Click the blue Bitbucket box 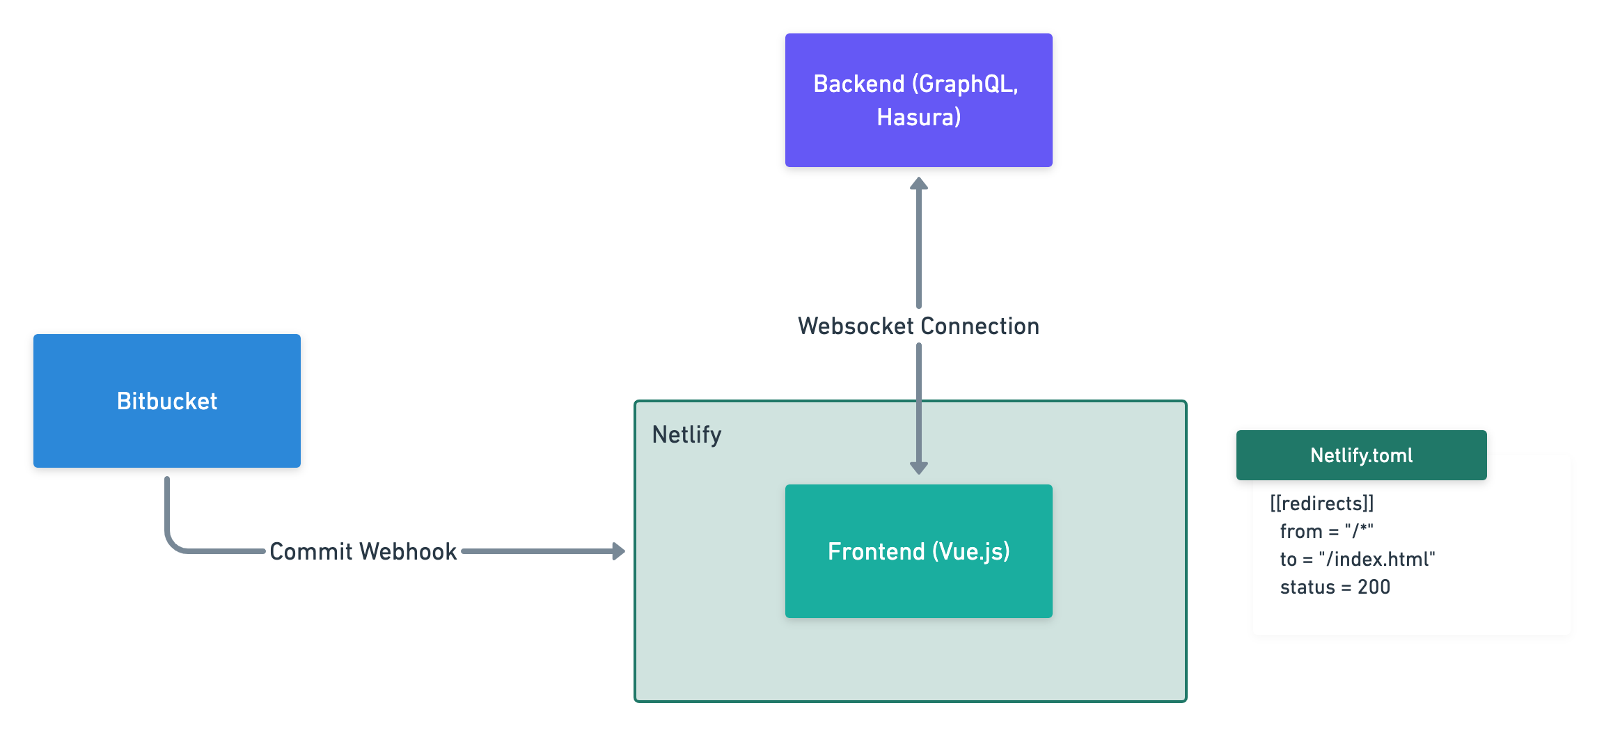coord(167,401)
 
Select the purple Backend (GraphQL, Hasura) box coord(918,100)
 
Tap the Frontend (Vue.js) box coord(918,551)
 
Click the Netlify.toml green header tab coord(1361,455)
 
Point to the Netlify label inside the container coord(686,434)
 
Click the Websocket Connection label coord(918,326)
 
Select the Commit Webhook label coord(363,551)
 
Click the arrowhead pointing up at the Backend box coord(919,184)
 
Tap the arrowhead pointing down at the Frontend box coord(919,468)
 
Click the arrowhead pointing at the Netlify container coord(618,551)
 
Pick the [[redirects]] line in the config coord(1321,503)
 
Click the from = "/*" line coord(1326,531)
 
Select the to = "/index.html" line coord(1357,559)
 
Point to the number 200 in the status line coord(1374,587)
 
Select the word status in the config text coord(1307,587)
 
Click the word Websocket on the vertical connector coord(856,326)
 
